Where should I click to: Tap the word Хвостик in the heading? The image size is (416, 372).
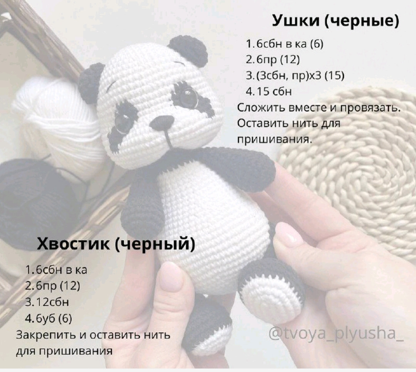[74, 244]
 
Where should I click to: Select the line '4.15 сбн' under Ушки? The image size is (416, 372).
[268, 92]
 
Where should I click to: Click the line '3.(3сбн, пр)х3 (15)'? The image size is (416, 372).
[295, 75]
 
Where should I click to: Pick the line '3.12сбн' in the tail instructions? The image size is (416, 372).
[47, 302]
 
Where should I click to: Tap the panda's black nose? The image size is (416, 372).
[162, 123]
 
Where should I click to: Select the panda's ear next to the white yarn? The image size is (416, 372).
[91, 82]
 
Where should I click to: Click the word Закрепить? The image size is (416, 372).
[46, 335]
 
